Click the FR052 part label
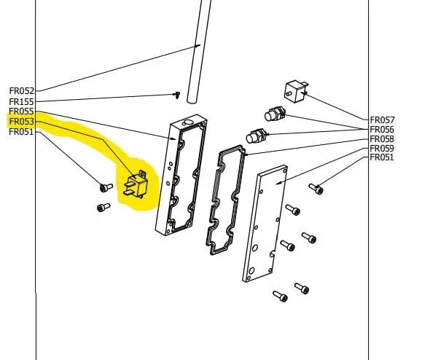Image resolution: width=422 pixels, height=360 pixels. coord(22,91)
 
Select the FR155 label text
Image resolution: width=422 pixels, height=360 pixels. coord(22,102)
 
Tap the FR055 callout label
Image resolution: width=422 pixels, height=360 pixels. coord(22,111)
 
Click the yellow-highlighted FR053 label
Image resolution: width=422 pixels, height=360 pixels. coord(22,122)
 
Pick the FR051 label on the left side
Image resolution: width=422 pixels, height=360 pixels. coord(22,132)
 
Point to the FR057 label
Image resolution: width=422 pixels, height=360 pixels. coord(382,120)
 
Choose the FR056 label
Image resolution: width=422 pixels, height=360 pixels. coord(382,130)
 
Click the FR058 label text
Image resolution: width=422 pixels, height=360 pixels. coord(382,139)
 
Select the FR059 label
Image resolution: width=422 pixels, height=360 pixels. coord(382,148)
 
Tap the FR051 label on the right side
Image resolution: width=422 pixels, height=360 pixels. coord(382,157)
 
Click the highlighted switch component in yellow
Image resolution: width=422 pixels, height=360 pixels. coord(136,184)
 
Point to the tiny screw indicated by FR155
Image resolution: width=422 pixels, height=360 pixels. coord(177,95)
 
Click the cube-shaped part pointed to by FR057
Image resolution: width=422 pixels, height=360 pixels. coord(295,92)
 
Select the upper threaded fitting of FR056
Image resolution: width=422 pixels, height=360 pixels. coord(275,114)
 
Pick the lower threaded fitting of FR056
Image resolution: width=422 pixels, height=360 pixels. coord(257,136)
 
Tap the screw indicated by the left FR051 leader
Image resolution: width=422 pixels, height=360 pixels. coord(106,187)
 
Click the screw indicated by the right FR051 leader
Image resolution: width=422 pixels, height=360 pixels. coord(316,189)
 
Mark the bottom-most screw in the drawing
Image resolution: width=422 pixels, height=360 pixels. coord(280,296)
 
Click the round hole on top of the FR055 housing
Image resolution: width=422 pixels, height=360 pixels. coord(187,122)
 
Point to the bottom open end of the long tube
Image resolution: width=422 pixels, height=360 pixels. coord(192,101)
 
